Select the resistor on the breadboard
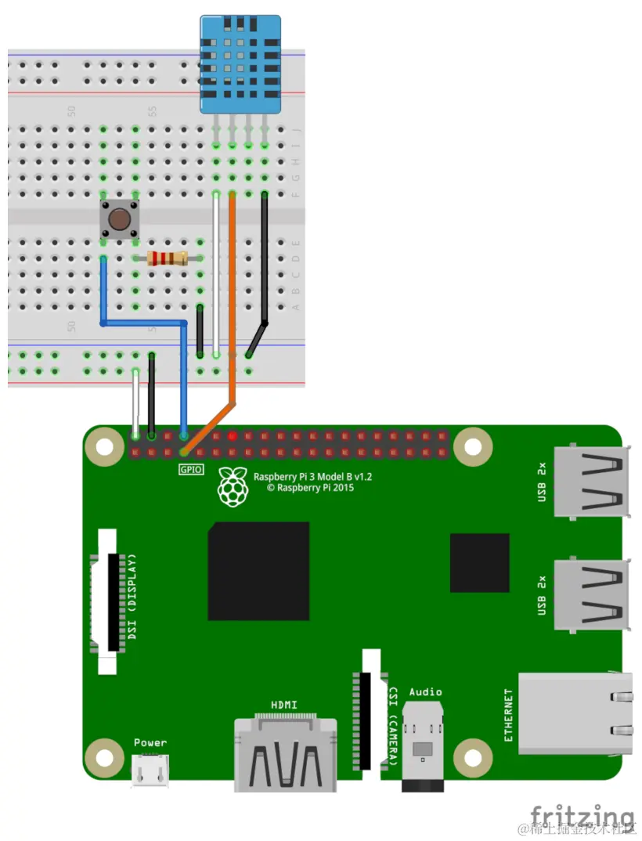[168, 258]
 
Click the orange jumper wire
[233, 298]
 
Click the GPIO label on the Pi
[190, 470]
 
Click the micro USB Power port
[150, 771]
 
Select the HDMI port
[286, 753]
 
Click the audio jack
[424, 748]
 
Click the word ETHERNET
[508, 715]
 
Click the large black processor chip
[258, 571]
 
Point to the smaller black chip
[479, 562]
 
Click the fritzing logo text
[582, 814]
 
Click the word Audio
[425, 691]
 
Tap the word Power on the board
[150, 742]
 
